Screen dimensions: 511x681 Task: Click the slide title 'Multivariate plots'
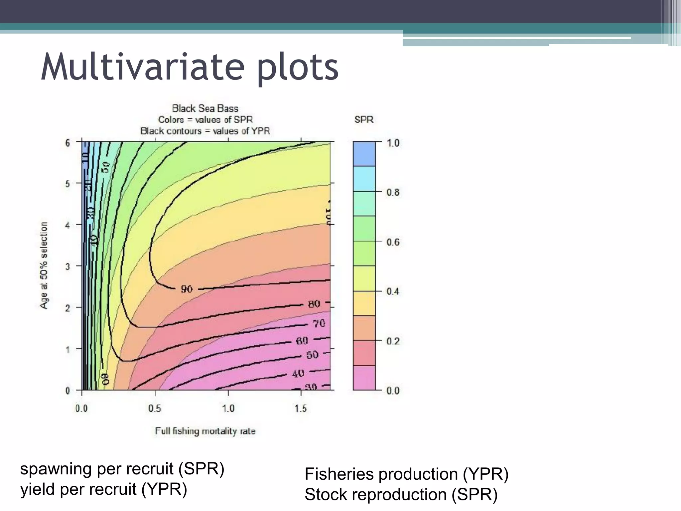(190, 67)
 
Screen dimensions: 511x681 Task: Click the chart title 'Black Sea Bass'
(205, 108)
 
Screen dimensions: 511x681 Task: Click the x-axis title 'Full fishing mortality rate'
(205, 431)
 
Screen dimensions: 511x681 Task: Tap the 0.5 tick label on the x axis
(155, 408)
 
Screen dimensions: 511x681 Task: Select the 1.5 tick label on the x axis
(301, 408)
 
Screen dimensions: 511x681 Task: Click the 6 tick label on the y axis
(68, 143)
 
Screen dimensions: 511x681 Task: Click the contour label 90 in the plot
(187, 289)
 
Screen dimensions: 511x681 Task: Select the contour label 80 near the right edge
(314, 304)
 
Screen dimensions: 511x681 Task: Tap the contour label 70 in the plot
(319, 323)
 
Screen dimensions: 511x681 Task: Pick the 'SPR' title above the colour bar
(364, 119)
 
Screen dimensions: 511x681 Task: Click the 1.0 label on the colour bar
(393, 143)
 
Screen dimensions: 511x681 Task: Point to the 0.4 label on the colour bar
(393, 291)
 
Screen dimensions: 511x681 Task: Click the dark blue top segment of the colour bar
(364, 154)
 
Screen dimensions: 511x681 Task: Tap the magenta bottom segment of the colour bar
(364, 378)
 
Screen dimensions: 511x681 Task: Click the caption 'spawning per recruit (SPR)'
(122, 469)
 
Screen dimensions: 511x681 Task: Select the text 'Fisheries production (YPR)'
(406, 474)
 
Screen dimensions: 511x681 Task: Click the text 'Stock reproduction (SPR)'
(401, 494)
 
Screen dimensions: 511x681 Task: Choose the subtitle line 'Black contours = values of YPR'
(205, 131)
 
